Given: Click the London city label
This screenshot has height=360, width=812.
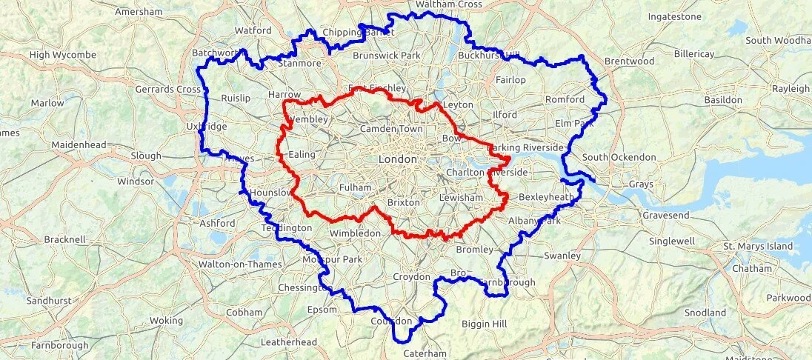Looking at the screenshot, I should pyautogui.click(x=397, y=159).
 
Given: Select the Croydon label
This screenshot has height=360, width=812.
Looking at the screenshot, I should pyautogui.click(x=411, y=277).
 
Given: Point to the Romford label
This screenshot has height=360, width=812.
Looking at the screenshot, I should pyautogui.click(x=565, y=99).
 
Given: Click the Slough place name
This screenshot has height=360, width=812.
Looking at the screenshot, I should pyautogui.click(x=145, y=156).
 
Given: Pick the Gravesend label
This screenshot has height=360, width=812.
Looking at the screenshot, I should pyautogui.click(x=665, y=215).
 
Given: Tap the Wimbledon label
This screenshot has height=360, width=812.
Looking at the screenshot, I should pyautogui.click(x=355, y=233).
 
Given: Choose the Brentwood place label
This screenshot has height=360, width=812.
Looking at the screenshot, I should pyautogui.click(x=629, y=61).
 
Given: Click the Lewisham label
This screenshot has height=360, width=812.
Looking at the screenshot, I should pyautogui.click(x=461, y=198).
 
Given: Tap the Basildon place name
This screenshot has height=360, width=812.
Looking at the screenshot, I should pyautogui.click(x=722, y=99).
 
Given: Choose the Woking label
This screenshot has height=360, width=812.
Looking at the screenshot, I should pyautogui.click(x=166, y=321).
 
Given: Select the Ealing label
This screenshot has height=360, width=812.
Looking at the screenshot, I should pyautogui.click(x=302, y=154).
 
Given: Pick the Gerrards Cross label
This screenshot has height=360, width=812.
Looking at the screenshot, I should pyautogui.click(x=168, y=90).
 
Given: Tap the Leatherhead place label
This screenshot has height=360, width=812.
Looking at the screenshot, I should pyautogui.click(x=289, y=342).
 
